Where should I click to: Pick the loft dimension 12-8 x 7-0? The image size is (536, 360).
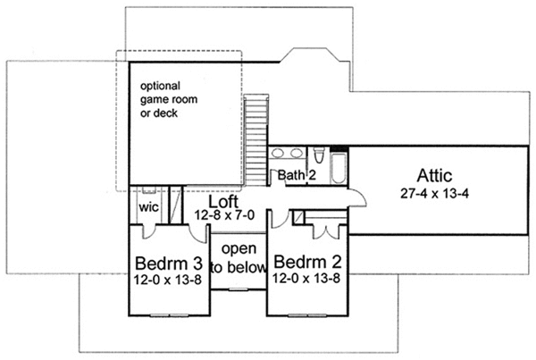(x=227, y=213)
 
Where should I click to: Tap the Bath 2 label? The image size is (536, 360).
(x=296, y=175)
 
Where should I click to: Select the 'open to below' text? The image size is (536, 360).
(x=238, y=257)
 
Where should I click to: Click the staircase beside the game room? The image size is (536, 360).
(x=256, y=125)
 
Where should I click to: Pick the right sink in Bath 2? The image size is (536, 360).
(x=295, y=153)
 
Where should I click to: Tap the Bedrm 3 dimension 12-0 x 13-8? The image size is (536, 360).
(x=167, y=280)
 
